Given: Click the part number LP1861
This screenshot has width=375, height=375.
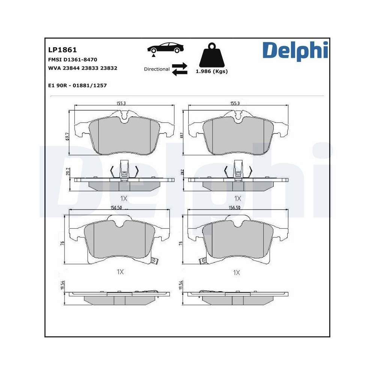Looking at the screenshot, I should coord(62,49).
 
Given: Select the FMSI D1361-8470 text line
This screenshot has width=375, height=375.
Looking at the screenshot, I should coord(73,59).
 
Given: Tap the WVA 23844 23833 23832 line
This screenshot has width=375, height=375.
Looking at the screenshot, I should coord(82,68).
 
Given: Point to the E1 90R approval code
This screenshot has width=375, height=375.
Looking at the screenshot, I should coord(77,85).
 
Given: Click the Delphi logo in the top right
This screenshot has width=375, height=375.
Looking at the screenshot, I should coord(295,52).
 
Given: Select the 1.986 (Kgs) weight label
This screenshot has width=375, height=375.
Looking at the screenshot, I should coord(211,71).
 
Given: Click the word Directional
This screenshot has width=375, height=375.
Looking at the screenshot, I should coord(157,69).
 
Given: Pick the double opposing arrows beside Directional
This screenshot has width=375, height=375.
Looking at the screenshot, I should coord(179,69).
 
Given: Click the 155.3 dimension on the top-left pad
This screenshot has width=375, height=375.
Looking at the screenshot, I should coord(120,103).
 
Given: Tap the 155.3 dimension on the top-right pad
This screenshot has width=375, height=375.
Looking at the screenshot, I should coord(234,103).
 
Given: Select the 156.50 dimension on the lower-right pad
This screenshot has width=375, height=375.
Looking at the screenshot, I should coord(234,207).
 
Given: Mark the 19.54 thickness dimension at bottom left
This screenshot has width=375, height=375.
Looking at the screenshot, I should coord(62,286).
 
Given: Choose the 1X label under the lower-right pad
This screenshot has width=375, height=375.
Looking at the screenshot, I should coord(236,273).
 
